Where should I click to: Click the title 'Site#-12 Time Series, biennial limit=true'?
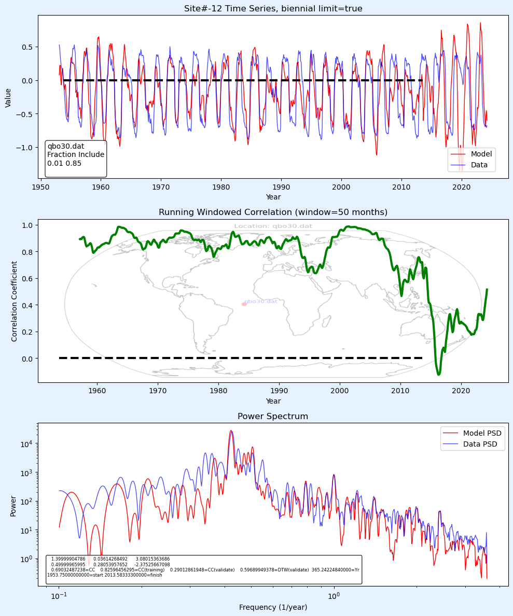pyautogui.click(x=273, y=8)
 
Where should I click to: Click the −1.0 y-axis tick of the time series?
pyautogui.click(x=24, y=148)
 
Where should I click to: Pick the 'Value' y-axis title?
pyautogui.click(x=8, y=98)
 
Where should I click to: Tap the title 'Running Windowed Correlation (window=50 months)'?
pyautogui.click(x=273, y=212)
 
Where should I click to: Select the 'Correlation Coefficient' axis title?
pyautogui.click(x=15, y=301)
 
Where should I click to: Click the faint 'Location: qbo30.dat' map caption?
pyautogui.click(x=273, y=226)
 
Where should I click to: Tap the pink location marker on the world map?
pyautogui.click(x=244, y=304)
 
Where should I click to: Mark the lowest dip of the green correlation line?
pyautogui.click(x=439, y=374)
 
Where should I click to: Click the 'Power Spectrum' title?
pyautogui.click(x=273, y=417)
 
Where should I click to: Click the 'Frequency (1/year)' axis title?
pyautogui.click(x=273, y=607)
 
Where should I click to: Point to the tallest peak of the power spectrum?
pyautogui.click(x=231, y=431)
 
